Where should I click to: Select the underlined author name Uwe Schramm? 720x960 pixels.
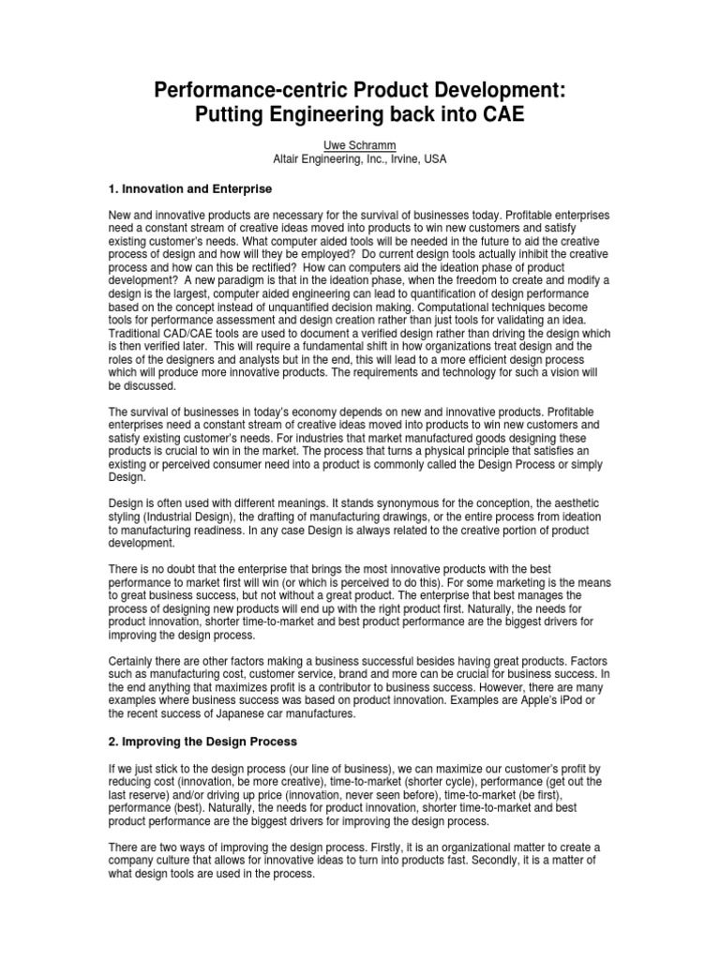coord(360,144)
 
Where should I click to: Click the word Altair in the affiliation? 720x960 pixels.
coord(289,159)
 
